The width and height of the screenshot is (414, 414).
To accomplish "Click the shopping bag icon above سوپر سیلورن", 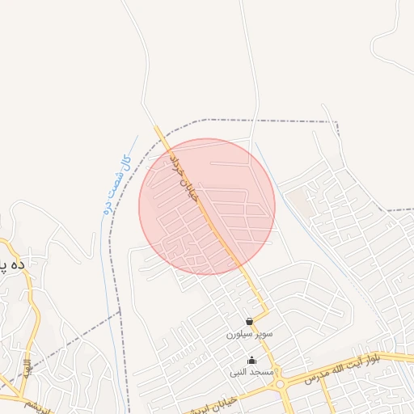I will click(x=249, y=321).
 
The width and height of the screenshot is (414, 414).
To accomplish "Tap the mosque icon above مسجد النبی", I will click(x=251, y=361).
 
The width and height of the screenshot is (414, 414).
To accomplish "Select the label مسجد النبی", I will click(x=252, y=372).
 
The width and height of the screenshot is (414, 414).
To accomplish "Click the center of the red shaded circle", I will click(x=207, y=206).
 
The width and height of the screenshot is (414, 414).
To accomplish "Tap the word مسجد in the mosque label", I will click(x=263, y=372).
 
